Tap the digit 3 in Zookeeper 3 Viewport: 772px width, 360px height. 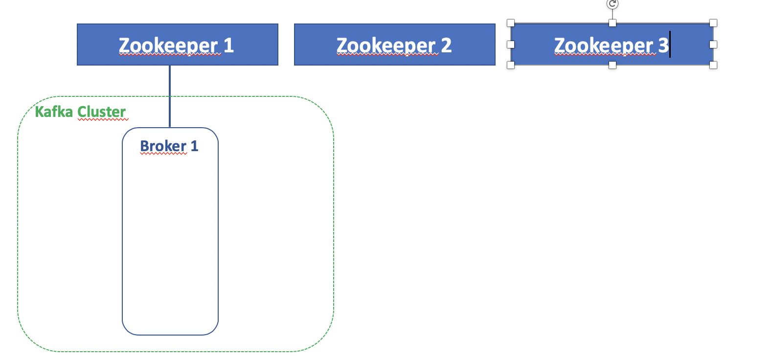pyautogui.click(x=663, y=45)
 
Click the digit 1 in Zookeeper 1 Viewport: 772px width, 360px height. pyautogui.click(x=228, y=45)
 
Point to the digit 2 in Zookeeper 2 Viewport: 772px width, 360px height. pyautogui.click(x=446, y=45)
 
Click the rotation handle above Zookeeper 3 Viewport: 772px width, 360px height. pyautogui.click(x=612, y=4)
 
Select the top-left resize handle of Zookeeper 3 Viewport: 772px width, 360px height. pyautogui.click(x=511, y=23)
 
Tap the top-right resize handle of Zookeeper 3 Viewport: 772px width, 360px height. pyautogui.click(x=713, y=23)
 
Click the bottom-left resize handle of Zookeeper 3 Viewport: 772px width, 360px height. pyautogui.click(x=511, y=65)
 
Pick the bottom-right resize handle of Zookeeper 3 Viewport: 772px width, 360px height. pyautogui.click(x=713, y=65)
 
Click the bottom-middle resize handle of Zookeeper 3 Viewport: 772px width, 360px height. pyautogui.click(x=612, y=65)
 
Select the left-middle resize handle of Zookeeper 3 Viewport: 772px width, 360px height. pyautogui.click(x=511, y=44)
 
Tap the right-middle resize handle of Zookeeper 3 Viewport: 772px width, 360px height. pyautogui.click(x=713, y=44)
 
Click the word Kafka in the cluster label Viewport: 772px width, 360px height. pyautogui.click(x=54, y=112)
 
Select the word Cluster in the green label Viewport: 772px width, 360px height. pyautogui.click(x=102, y=112)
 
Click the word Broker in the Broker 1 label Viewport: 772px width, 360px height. pyautogui.click(x=163, y=146)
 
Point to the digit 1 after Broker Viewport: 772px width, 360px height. pyautogui.click(x=194, y=146)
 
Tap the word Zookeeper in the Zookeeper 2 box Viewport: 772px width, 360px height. pyautogui.click(x=386, y=45)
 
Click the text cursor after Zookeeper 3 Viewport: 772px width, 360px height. pyautogui.click(x=670, y=45)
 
